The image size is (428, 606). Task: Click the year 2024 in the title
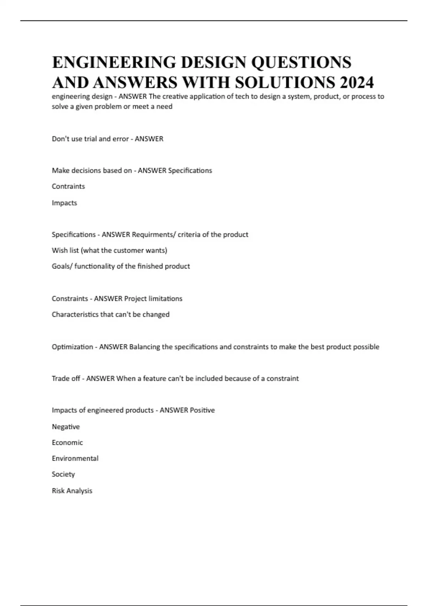pyautogui.click(x=357, y=82)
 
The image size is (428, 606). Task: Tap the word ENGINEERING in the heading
pyautogui.click(x=114, y=62)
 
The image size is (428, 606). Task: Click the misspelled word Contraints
pyautogui.click(x=68, y=186)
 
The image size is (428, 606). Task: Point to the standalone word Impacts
pyautogui.click(x=64, y=203)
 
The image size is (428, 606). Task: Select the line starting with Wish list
pyautogui.click(x=109, y=250)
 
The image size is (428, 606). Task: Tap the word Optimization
pyautogui.click(x=72, y=347)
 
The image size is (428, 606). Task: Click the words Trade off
pyautogui.click(x=66, y=379)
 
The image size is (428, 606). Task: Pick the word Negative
pyautogui.click(x=66, y=427)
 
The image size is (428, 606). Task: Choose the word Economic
pyautogui.click(x=67, y=442)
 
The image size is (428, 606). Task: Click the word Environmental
pyautogui.click(x=75, y=458)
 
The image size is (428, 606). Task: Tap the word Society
pyautogui.click(x=63, y=474)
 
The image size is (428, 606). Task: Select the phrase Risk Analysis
pyautogui.click(x=72, y=491)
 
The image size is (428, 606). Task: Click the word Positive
pyautogui.click(x=202, y=410)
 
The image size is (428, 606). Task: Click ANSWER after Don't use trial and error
pyautogui.click(x=149, y=139)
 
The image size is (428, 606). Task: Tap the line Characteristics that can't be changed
pyautogui.click(x=111, y=314)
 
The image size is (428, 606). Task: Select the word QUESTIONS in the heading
pyautogui.click(x=301, y=62)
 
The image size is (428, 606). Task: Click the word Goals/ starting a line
pyautogui.click(x=62, y=266)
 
